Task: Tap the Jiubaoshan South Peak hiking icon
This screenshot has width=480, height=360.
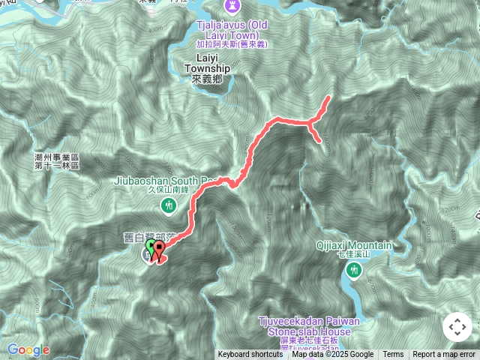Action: (169, 203)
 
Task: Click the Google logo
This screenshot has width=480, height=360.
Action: (28, 349)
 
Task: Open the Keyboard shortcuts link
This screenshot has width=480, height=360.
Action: (250, 355)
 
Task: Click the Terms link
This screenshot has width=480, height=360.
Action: (393, 355)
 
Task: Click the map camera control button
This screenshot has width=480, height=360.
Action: (457, 327)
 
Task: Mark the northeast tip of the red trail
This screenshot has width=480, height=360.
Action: (329, 98)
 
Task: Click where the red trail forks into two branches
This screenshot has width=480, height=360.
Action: (309, 122)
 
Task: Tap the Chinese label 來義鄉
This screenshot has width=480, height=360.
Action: (207, 79)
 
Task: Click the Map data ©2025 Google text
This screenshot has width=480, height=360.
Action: (332, 355)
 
